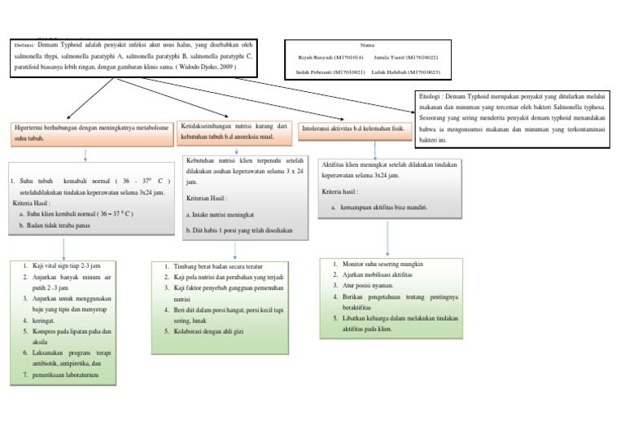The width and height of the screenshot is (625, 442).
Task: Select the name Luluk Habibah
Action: [394, 72]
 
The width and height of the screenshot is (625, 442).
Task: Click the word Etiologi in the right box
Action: [431, 95]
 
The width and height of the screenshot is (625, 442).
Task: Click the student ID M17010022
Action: [417, 58]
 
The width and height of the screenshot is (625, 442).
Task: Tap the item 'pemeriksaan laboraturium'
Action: [67, 375]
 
